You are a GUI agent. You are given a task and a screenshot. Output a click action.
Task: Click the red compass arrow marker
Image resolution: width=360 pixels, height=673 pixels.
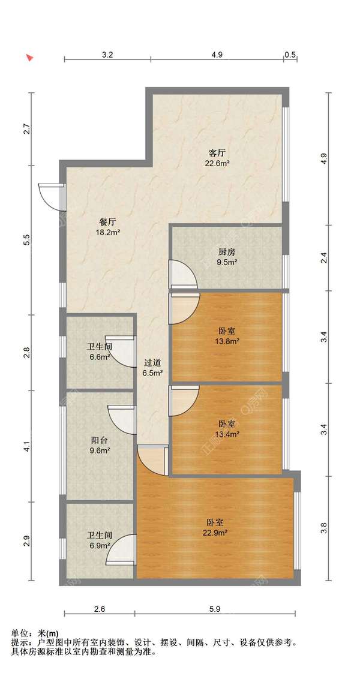point(29,58)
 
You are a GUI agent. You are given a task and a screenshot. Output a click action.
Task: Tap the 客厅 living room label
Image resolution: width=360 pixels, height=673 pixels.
point(217,153)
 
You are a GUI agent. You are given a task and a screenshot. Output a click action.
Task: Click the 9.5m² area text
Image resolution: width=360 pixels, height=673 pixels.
point(227,262)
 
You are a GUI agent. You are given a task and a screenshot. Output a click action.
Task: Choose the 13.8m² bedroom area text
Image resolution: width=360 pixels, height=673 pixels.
point(227,341)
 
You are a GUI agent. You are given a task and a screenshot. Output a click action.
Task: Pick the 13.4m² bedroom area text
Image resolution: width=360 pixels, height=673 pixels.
point(227,434)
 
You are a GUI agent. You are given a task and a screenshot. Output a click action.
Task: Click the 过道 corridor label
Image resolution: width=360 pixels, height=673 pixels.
point(153,363)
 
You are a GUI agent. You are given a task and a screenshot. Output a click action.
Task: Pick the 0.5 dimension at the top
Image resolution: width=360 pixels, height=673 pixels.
point(290,55)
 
